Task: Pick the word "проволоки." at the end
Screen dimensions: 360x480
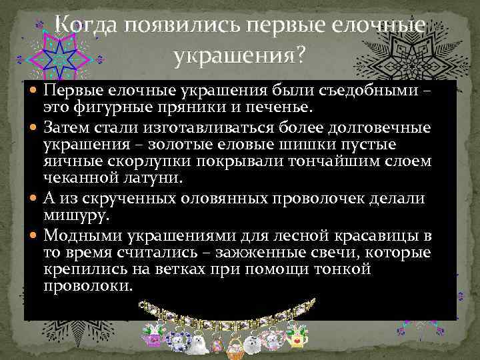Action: click(x=88, y=287)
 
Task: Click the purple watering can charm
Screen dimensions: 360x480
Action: click(x=154, y=339)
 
